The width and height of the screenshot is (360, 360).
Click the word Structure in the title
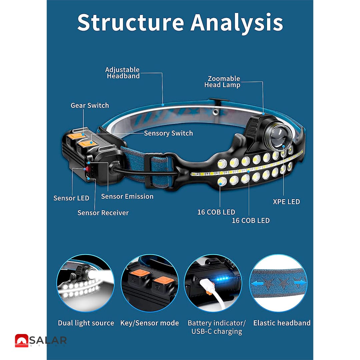(131, 23)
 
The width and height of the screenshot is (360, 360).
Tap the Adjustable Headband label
(123, 73)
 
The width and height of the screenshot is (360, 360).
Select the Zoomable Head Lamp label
(222, 82)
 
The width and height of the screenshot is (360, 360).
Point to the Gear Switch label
(90, 105)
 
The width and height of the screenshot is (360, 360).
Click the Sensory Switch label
(168, 133)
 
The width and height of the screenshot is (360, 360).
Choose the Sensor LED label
(71, 198)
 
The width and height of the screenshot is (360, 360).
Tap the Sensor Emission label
(127, 196)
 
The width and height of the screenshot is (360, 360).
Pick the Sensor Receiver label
(103, 213)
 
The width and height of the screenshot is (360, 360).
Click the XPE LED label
(286, 202)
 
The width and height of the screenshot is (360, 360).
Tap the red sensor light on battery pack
(87, 169)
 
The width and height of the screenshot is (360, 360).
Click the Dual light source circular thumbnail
(86, 283)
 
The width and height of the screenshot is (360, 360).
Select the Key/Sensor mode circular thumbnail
(150, 283)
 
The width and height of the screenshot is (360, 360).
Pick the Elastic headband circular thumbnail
(278, 283)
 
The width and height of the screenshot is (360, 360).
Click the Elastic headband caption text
(282, 323)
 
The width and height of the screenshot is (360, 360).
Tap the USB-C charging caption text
(217, 332)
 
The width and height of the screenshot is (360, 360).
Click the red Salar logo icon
(22, 340)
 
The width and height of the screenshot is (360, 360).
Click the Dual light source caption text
(86, 323)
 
